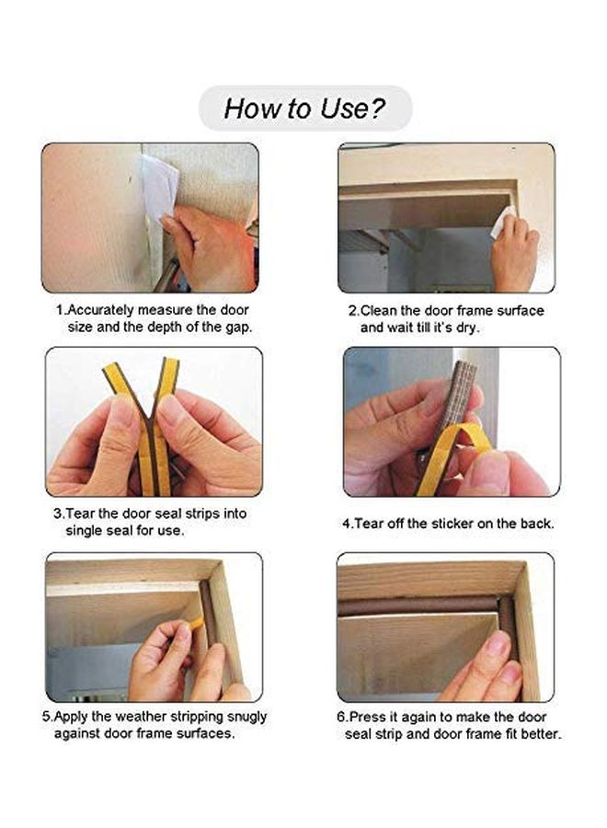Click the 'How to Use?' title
(304, 109)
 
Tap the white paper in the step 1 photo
(158, 185)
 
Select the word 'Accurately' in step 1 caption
(100, 310)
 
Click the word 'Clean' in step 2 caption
(378, 311)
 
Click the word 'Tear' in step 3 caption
(80, 513)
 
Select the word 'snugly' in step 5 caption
(246, 717)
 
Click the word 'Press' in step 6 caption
(367, 717)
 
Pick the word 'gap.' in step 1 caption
(239, 328)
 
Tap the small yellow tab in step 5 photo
(196, 624)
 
